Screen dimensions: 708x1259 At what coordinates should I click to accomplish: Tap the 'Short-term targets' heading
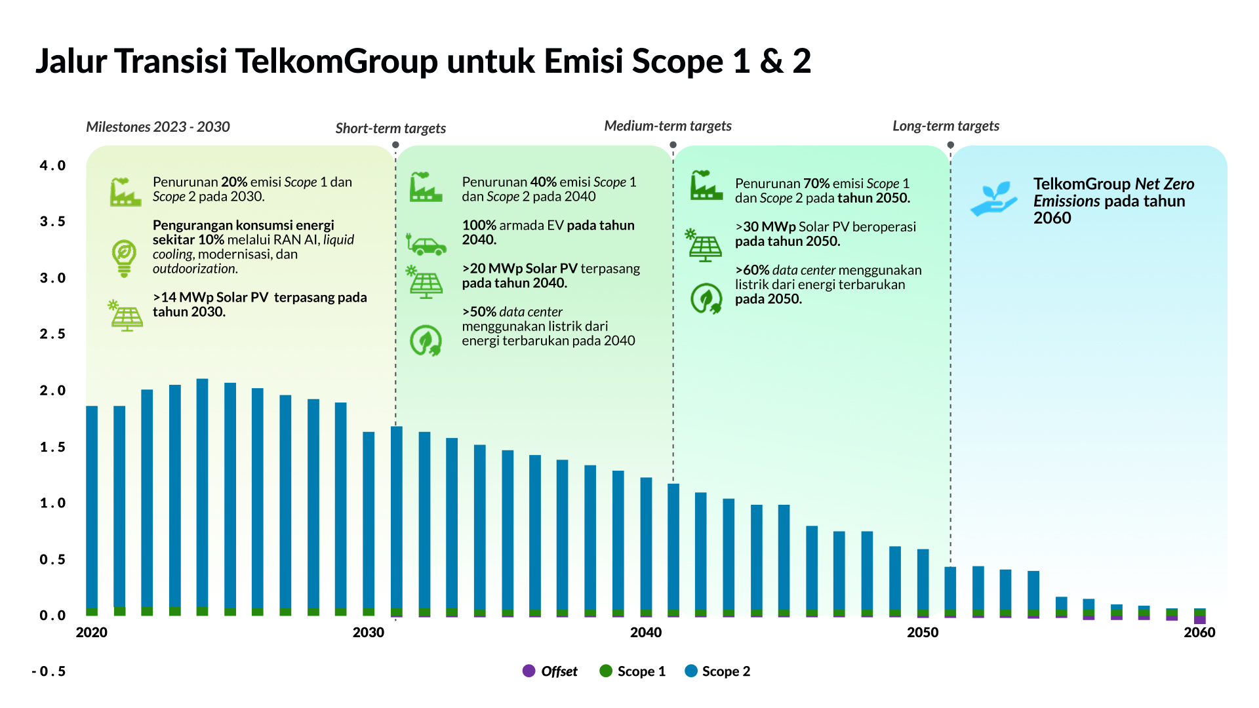(390, 128)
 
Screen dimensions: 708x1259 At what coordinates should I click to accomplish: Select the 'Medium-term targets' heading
(668, 126)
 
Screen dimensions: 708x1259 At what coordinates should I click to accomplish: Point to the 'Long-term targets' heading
(946, 126)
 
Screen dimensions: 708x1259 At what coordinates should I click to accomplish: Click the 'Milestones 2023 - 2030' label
(158, 127)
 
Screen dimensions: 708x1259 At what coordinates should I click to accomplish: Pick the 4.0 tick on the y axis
(52, 166)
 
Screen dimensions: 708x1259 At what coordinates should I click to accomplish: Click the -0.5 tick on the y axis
(49, 671)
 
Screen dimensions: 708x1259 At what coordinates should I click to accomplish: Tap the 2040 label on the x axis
(645, 633)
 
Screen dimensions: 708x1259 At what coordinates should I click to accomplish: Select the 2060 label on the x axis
(1199, 633)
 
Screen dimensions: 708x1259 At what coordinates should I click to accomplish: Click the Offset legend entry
(550, 671)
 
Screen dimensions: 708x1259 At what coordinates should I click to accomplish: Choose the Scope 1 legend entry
(633, 671)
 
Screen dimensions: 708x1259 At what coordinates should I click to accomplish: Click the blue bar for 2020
(92, 505)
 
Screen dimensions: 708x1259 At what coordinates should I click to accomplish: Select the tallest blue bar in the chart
(203, 492)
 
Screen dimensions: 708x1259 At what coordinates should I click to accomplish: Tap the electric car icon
(426, 245)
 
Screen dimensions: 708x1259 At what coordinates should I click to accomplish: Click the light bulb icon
(124, 258)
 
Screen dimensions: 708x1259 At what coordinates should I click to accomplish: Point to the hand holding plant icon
(993, 199)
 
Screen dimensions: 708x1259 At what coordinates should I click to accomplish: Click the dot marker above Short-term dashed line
(395, 145)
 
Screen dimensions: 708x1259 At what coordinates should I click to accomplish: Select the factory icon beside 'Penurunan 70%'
(706, 186)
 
